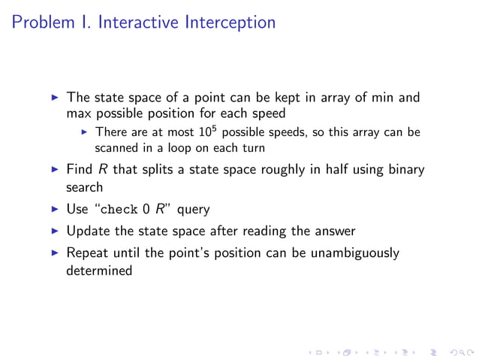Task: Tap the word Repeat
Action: pyautogui.click(x=87, y=253)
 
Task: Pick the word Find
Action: pyautogui.click(x=80, y=169)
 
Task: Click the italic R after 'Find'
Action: pyautogui.click(x=102, y=169)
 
